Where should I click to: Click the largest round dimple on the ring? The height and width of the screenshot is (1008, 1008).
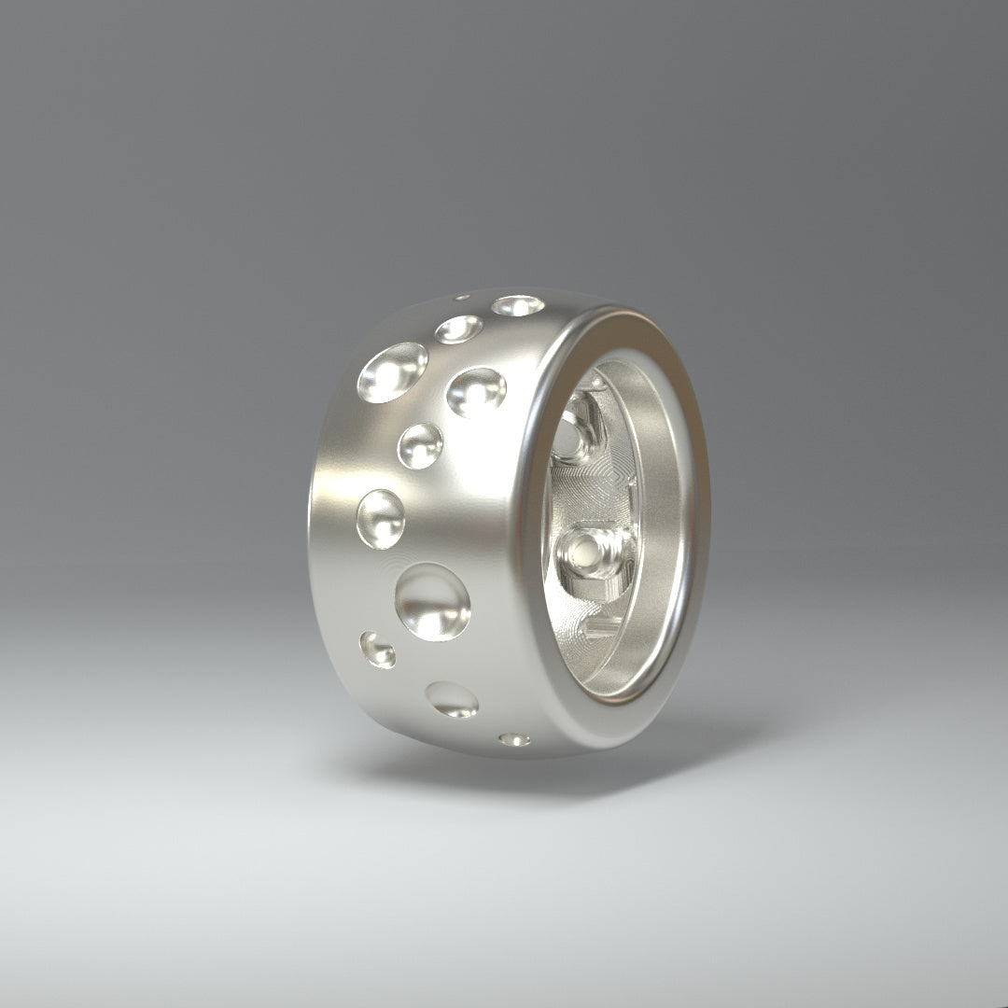[x=433, y=602]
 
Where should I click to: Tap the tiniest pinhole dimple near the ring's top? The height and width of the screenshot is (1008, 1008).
[x=462, y=299]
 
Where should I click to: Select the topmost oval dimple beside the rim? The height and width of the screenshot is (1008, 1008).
[x=518, y=305]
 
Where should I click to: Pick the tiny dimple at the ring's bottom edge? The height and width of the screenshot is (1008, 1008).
[x=514, y=739]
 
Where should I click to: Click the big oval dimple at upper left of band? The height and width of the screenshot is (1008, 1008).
[x=392, y=371]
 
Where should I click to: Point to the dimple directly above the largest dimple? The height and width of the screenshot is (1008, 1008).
[x=381, y=519]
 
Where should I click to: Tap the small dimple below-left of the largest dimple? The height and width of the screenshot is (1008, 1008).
[x=377, y=650]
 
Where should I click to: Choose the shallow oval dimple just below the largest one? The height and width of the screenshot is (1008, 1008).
[x=452, y=699]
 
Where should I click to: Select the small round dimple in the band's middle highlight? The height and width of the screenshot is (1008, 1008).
[x=420, y=445]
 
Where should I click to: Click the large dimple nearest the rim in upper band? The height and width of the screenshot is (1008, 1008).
[x=476, y=391]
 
